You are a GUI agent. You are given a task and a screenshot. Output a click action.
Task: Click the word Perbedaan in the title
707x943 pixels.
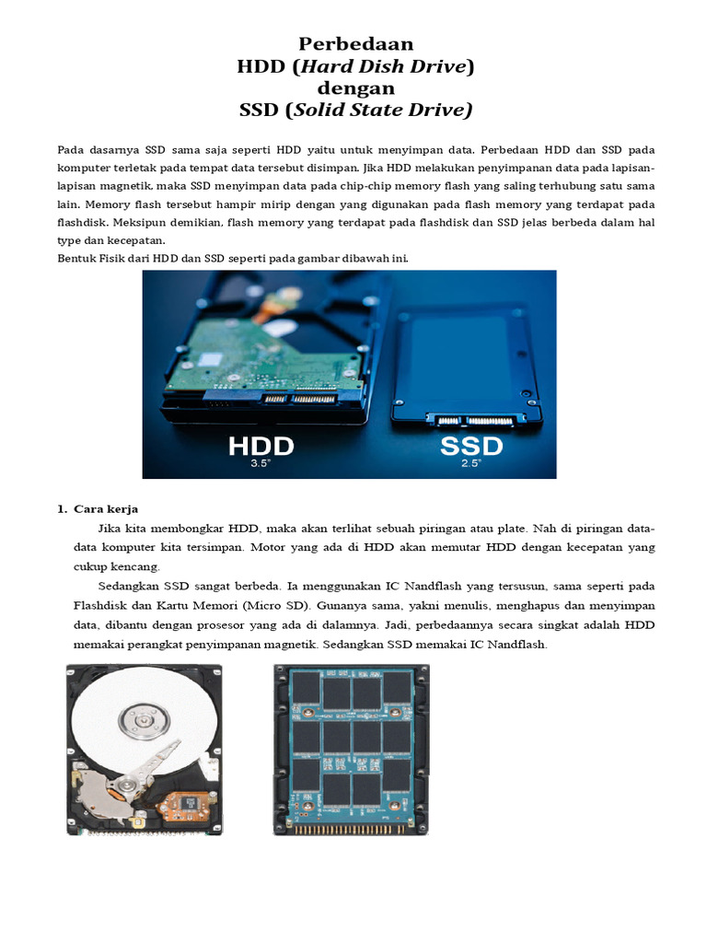[x=356, y=43]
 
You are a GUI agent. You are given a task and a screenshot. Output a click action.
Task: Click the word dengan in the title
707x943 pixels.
[x=355, y=88]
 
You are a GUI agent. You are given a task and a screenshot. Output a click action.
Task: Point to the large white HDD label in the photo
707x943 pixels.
[x=261, y=446]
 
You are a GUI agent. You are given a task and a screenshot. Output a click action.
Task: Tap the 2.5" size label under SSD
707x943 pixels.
[x=470, y=464]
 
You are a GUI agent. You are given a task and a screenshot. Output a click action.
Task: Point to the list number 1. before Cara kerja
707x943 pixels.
[x=63, y=509]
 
